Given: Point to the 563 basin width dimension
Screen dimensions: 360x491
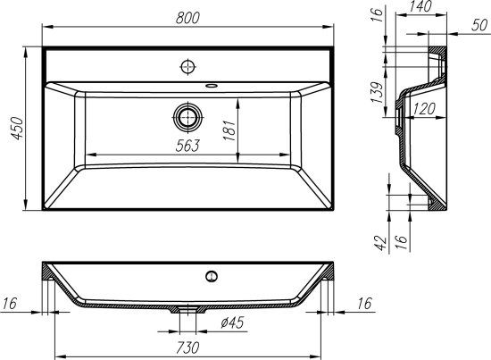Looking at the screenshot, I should (x=188, y=144).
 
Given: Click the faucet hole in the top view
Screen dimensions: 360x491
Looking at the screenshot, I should (x=187, y=66).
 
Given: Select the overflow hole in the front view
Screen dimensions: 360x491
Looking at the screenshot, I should (x=212, y=276).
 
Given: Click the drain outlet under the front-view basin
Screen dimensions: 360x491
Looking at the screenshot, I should (x=188, y=311).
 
